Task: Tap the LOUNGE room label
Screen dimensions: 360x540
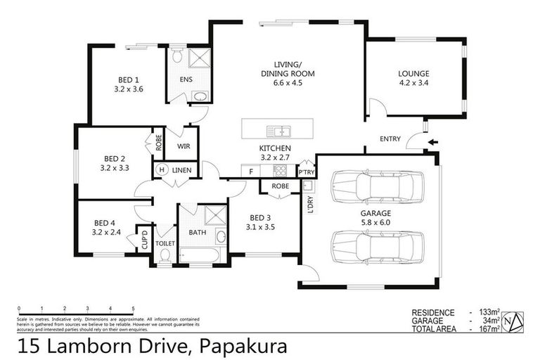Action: coord(413,73)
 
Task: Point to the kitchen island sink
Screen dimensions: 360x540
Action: coord(281,131)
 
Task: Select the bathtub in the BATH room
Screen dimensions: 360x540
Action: coord(201,255)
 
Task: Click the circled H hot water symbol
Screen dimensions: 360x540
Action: coord(161,169)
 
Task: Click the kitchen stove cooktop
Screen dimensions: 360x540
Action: coord(281,170)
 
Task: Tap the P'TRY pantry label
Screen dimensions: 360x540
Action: coord(306,172)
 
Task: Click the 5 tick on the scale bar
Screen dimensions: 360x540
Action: coord(133,309)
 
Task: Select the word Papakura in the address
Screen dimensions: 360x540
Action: coord(244,346)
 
